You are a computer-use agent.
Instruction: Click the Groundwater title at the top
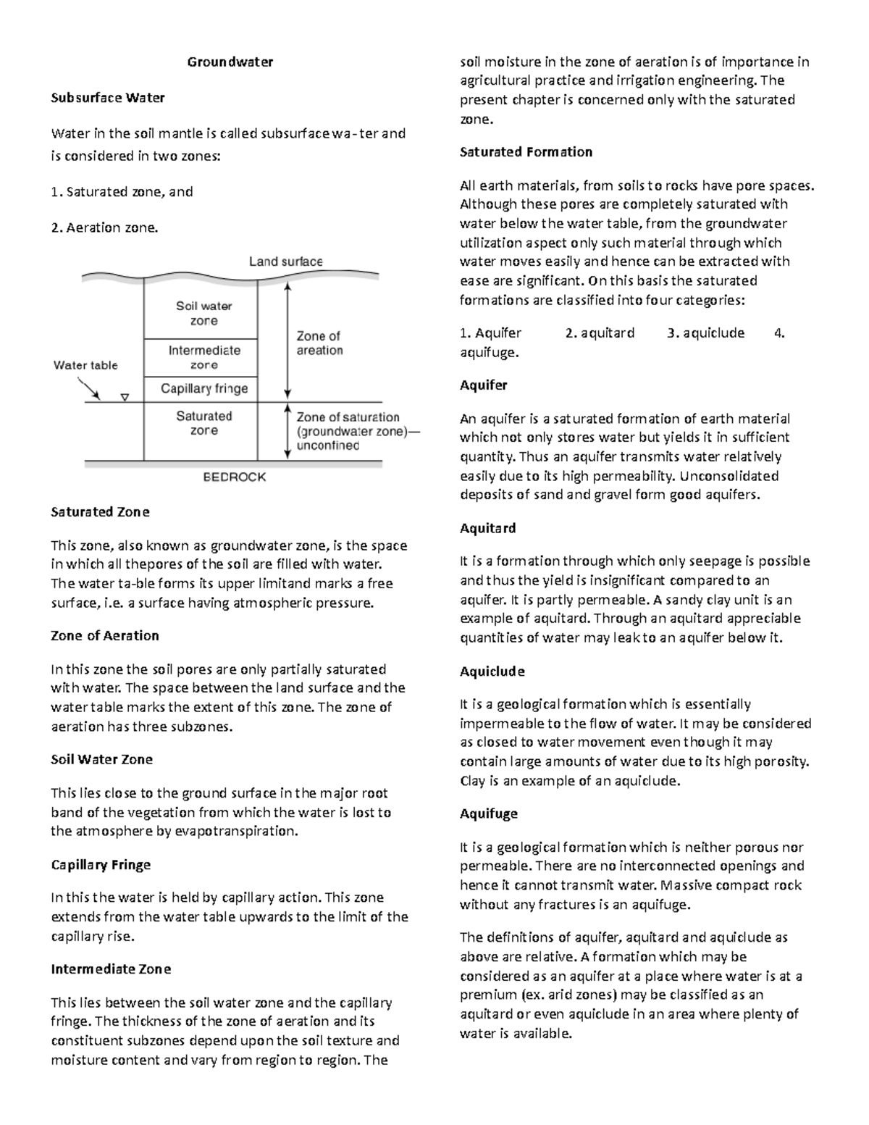(230, 62)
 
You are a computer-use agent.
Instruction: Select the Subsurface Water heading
(108, 98)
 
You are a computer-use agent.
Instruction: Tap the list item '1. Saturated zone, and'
(122, 192)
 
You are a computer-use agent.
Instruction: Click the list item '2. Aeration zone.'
(104, 228)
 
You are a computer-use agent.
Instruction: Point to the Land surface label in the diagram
(285, 262)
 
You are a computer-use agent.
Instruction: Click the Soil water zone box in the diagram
(203, 314)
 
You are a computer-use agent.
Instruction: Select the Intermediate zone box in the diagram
(203, 357)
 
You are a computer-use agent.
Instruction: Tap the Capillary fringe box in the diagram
(203, 389)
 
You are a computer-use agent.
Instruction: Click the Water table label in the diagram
(85, 365)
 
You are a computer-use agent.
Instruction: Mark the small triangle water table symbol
(125, 397)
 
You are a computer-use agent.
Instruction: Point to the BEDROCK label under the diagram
(234, 477)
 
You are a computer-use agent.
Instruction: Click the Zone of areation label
(319, 343)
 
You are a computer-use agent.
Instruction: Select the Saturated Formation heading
(526, 152)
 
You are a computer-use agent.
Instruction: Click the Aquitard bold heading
(487, 528)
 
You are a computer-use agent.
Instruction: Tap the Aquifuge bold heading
(489, 814)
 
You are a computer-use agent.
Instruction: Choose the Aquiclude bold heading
(492, 672)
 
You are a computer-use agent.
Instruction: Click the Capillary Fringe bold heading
(101, 865)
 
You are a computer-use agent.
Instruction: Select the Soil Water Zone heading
(101, 759)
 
